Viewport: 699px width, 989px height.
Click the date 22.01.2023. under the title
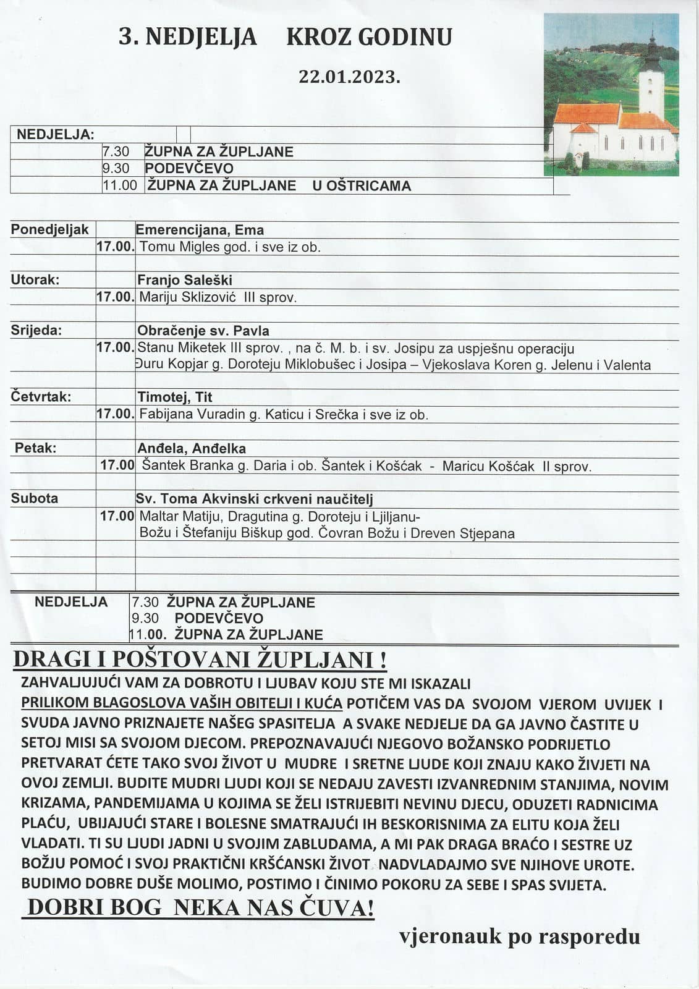click(350, 76)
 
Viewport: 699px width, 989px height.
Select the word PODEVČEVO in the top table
click(189, 168)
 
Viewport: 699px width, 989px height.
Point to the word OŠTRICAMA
click(362, 185)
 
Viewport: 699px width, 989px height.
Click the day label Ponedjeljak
click(49, 229)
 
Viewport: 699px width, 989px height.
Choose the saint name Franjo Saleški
click(185, 279)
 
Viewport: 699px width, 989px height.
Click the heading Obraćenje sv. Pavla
click(203, 331)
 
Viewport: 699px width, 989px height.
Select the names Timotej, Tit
click(175, 397)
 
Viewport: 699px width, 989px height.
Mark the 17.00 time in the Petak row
click(117, 465)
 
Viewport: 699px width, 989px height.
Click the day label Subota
click(35, 498)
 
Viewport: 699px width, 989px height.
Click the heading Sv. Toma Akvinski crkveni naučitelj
click(255, 499)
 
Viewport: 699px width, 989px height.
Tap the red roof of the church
click(587, 114)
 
